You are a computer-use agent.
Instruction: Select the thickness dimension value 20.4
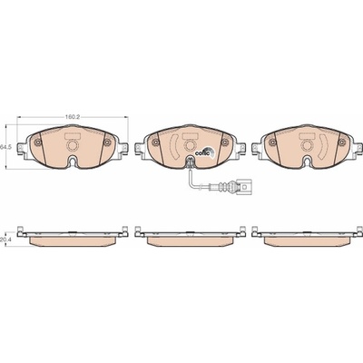click(x=4, y=240)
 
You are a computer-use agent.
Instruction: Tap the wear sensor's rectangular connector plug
click(x=245, y=186)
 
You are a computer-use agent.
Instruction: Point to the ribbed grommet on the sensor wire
click(x=224, y=186)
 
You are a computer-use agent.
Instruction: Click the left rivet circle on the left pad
click(x=37, y=143)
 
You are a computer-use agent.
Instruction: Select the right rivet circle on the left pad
click(x=107, y=142)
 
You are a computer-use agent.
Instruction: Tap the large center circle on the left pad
click(x=73, y=145)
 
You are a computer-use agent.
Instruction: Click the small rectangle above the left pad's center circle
click(x=73, y=137)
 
